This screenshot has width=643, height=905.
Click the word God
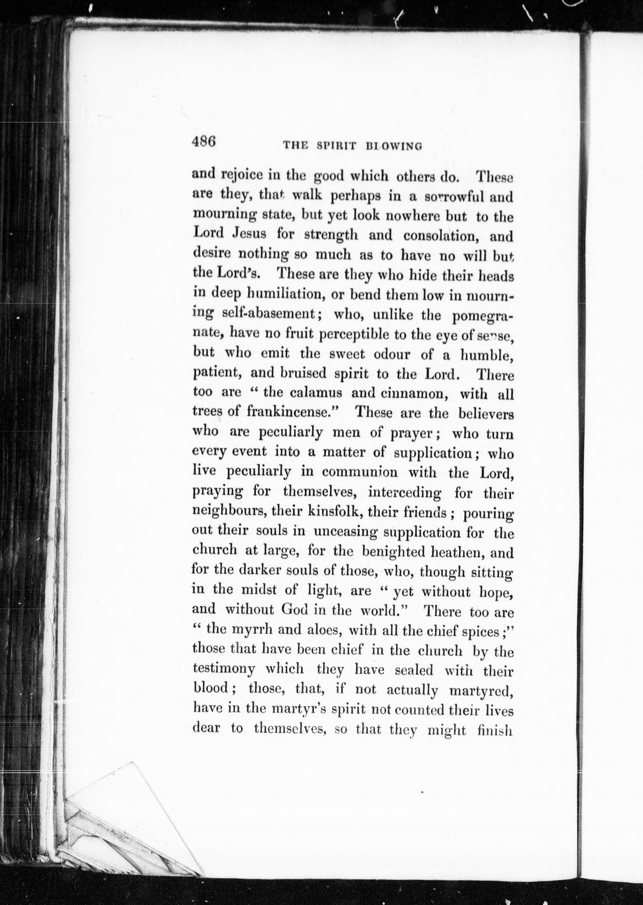(294, 610)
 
